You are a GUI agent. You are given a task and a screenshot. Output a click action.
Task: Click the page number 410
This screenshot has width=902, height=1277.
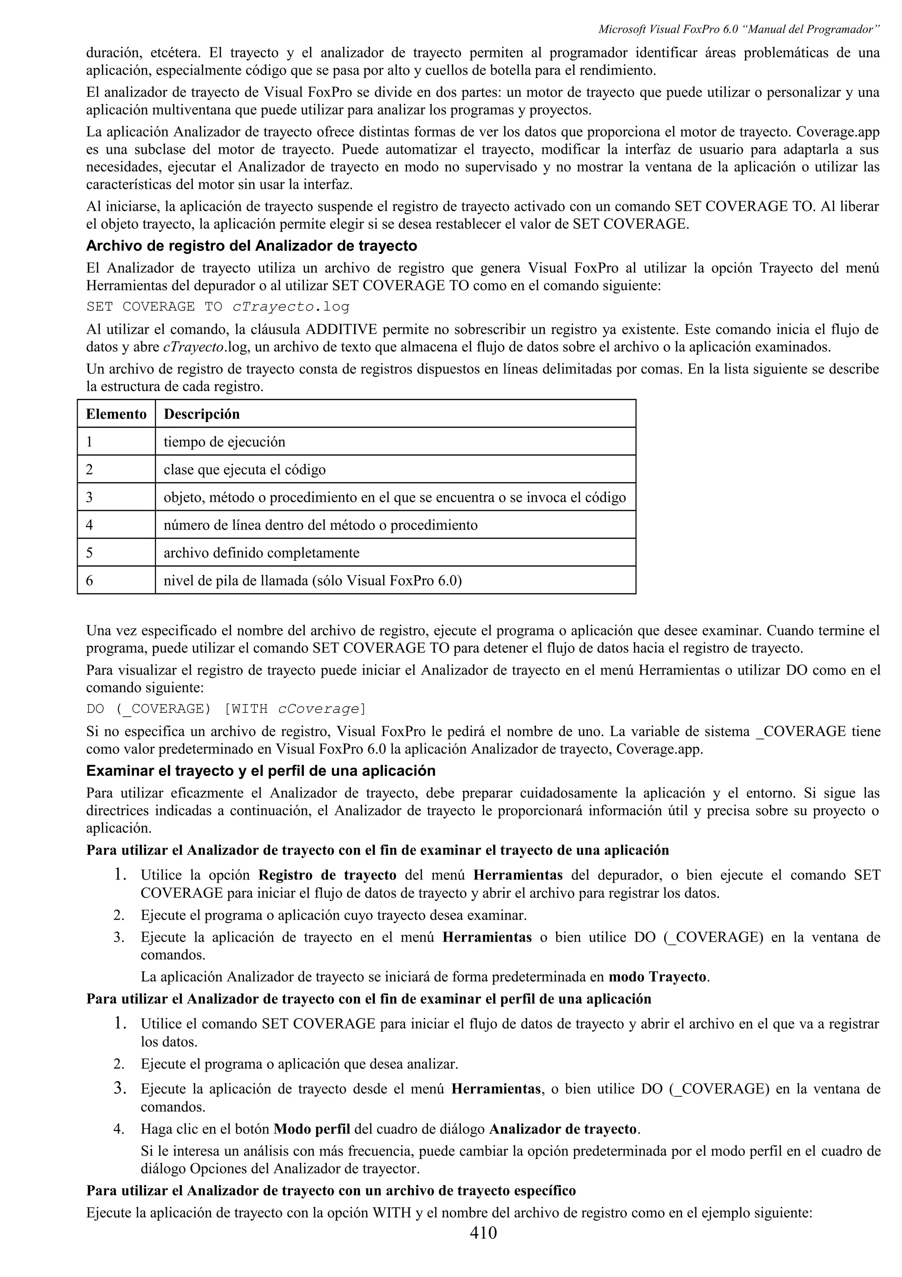click(x=483, y=1232)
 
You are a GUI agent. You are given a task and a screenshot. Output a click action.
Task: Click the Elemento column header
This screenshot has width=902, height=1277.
click(x=116, y=414)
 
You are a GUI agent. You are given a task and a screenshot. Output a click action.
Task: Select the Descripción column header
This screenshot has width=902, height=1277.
click(x=201, y=414)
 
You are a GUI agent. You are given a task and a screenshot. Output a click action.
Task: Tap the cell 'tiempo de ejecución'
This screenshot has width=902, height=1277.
click(x=224, y=442)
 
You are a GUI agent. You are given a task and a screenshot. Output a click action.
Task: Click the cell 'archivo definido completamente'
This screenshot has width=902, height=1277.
click(x=261, y=553)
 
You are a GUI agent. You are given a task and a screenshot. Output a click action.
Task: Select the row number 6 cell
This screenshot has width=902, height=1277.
click(x=89, y=581)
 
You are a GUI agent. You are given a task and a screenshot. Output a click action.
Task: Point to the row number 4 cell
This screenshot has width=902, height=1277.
click(x=89, y=525)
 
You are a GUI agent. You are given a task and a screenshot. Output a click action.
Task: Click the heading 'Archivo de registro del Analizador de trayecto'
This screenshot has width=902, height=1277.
click(x=251, y=245)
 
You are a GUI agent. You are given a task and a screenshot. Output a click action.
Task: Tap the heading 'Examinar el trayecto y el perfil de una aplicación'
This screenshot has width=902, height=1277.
click(x=261, y=771)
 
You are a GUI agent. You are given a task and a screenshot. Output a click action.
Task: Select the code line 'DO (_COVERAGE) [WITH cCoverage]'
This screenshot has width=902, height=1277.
click(x=226, y=709)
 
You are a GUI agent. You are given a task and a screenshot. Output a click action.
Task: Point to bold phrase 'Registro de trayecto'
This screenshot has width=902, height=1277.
click(x=327, y=875)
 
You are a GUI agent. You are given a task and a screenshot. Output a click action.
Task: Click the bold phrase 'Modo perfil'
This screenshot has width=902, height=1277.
click(x=312, y=1129)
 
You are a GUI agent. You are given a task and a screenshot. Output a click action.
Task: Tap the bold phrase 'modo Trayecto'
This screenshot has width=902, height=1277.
click(x=658, y=976)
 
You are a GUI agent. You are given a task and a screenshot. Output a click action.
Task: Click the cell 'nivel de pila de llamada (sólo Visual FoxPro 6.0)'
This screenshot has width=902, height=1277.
click(x=312, y=581)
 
